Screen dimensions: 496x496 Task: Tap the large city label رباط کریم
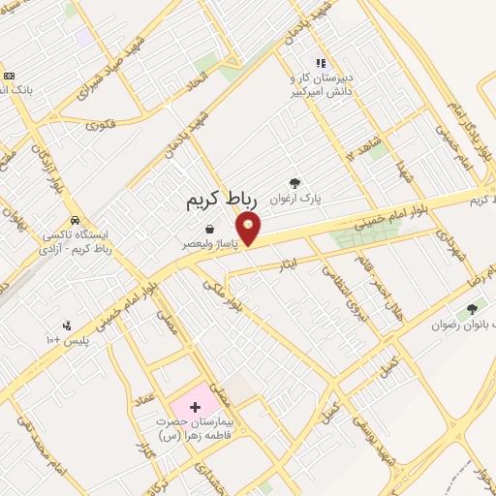pyautogui.click(x=224, y=201)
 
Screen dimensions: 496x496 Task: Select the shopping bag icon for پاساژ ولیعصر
pyautogui.click(x=209, y=230)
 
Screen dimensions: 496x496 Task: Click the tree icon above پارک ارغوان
pyautogui.click(x=294, y=181)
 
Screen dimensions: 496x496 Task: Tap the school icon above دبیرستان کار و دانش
pyautogui.click(x=321, y=64)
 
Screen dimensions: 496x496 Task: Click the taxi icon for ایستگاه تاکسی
pyautogui.click(x=75, y=219)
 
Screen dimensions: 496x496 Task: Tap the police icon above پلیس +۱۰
pyautogui.click(x=66, y=325)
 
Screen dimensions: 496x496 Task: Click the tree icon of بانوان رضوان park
pyautogui.click(x=472, y=309)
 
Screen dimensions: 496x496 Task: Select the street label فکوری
pyautogui.click(x=101, y=123)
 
